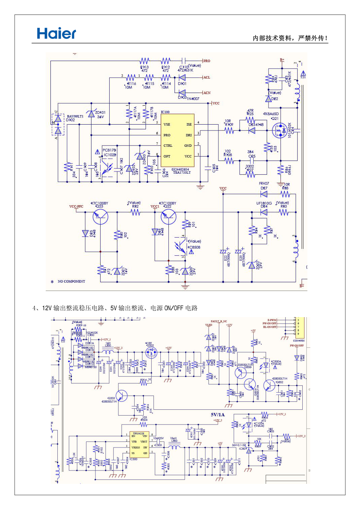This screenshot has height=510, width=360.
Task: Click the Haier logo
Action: [56, 34]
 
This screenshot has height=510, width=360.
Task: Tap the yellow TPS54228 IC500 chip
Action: [139, 445]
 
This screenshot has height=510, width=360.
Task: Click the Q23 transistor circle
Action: [101, 217]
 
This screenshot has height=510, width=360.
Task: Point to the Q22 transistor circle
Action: [168, 217]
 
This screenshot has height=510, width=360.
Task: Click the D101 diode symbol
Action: [182, 77]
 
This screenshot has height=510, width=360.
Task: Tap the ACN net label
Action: [207, 93]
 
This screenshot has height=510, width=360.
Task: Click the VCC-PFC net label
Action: [76, 207]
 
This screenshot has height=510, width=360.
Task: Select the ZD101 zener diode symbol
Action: [91, 114]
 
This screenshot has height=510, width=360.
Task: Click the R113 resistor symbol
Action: [144, 61]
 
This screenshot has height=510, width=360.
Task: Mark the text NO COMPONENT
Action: [71, 282]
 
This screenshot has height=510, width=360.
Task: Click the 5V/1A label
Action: [218, 414]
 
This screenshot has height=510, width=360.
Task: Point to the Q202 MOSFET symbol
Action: [151, 352]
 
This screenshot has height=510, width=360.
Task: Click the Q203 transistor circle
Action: [122, 396]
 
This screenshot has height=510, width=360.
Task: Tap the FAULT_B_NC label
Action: [219, 321]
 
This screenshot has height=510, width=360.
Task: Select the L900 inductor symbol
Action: [175, 446]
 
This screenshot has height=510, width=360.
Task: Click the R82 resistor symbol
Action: [136, 212]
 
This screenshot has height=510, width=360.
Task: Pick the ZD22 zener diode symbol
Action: [252, 266]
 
